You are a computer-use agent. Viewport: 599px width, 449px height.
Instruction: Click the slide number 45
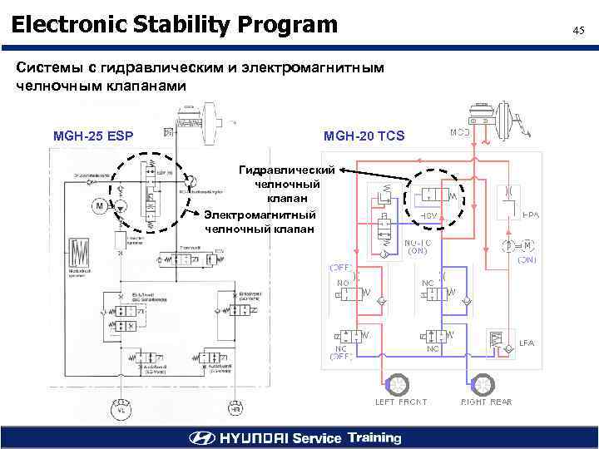click(x=579, y=31)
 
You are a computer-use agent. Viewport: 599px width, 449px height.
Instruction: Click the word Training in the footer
click(x=374, y=437)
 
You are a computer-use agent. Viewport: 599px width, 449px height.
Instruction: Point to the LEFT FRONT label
click(x=401, y=402)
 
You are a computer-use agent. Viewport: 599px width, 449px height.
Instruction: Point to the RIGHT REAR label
click(x=487, y=402)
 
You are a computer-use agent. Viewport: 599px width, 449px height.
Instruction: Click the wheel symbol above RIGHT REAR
click(x=481, y=383)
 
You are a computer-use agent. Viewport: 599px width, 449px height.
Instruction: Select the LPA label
click(x=527, y=343)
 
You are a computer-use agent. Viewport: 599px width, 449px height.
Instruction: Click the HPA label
click(x=531, y=215)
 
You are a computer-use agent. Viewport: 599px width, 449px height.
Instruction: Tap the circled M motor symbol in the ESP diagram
click(x=100, y=205)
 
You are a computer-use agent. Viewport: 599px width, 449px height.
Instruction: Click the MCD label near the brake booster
click(x=460, y=132)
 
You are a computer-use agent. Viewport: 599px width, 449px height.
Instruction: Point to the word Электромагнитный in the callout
click(x=260, y=215)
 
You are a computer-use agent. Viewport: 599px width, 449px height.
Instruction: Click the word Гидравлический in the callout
click(x=287, y=170)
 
